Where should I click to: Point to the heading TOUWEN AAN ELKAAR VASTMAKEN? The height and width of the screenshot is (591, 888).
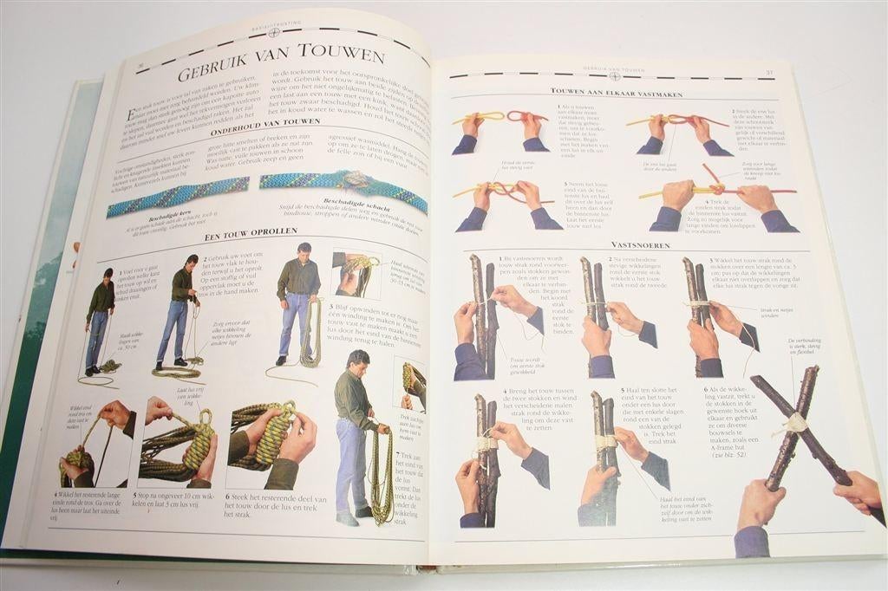(x=617, y=93)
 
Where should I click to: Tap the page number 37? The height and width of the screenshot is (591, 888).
(x=768, y=72)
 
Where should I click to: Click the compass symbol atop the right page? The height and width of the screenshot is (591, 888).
(x=614, y=76)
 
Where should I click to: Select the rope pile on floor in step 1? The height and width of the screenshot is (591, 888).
(x=108, y=367)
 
